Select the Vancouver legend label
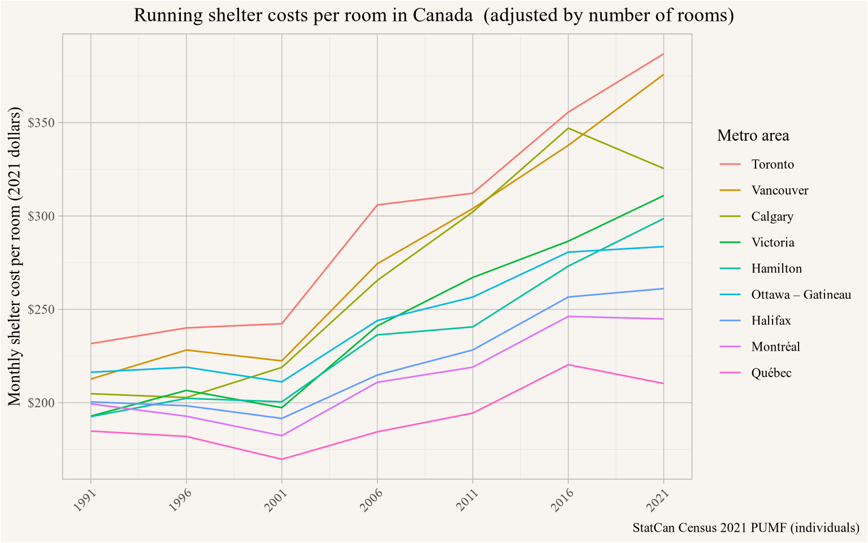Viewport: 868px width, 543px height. (x=780, y=191)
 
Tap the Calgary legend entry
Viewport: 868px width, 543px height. (x=772, y=217)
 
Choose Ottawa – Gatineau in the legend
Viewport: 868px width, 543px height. (x=801, y=295)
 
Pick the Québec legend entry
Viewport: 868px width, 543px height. (x=771, y=373)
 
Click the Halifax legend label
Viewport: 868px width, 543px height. (x=771, y=321)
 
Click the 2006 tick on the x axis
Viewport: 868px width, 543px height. (x=371, y=501)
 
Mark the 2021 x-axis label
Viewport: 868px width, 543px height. (x=657, y=501)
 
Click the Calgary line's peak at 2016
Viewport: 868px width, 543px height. (x=568, y=128)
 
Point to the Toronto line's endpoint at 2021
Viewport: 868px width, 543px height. (x=663, y=54)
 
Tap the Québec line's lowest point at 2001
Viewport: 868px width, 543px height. (x=281, y=459)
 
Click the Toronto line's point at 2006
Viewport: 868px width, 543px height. (x=377, y=205)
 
